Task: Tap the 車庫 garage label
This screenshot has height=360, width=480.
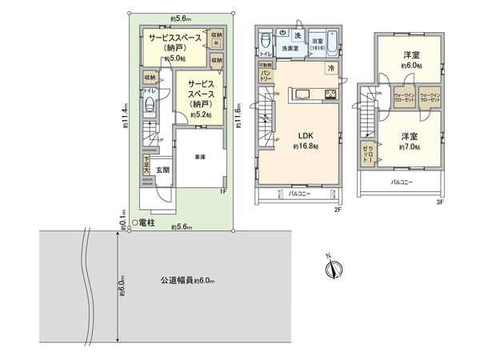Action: [201, 158]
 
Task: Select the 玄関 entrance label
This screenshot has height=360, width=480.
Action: [162, 170]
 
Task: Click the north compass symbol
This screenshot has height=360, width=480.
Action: [334, 268]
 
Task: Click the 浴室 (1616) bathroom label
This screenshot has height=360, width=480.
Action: [317, 43]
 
